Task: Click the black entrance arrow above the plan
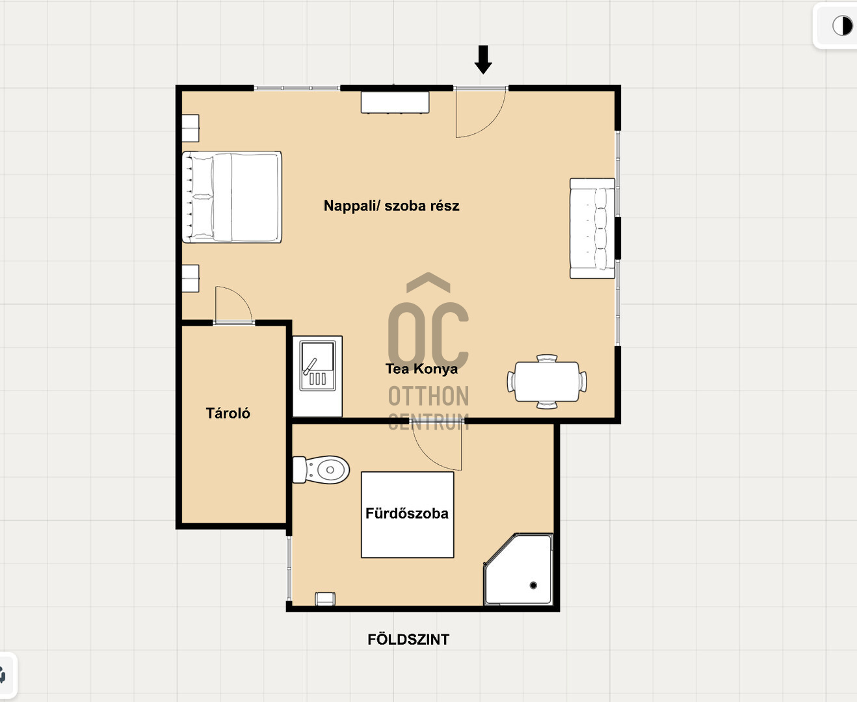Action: point(482,60)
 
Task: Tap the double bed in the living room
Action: point(231,197)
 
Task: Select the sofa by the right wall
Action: point(592,228)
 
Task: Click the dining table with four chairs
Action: point(547,382)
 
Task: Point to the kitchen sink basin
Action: point(318,366)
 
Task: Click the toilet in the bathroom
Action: point(321,469)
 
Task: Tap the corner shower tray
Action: point(518,569)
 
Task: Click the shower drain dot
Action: point(533,585)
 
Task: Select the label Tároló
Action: point(228,413)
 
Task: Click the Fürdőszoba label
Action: point(407,513)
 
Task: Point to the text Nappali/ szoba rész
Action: point(391,205)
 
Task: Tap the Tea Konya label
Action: point(421,369)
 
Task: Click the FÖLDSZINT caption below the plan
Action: point(408,640)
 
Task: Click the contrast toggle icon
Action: point(843,26)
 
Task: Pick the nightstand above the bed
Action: point(190,128)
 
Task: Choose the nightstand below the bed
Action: point(190,278)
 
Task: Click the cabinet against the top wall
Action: point(395,103)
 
